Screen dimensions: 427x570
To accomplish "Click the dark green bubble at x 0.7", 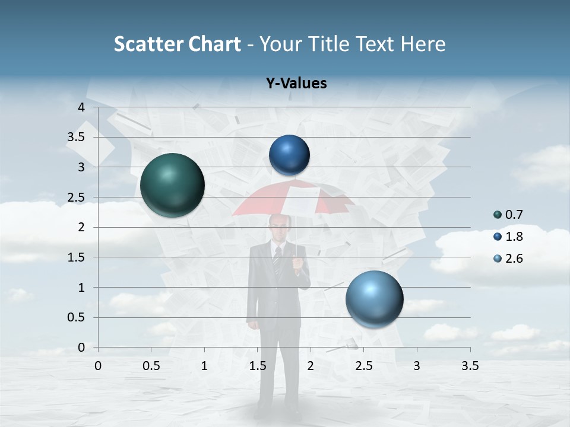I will click(172, 185).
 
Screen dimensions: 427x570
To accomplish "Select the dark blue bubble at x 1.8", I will click(289, 155).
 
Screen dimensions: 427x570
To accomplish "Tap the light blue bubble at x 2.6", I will click(374, 299).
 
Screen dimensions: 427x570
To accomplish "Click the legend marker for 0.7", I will click(498, 215).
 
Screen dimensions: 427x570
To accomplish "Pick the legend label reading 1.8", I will click(514, 237).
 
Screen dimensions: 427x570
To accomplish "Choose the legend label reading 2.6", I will click(514, 259).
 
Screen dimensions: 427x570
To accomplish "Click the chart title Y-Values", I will click(296, 84).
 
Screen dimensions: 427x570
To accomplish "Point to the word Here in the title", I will click(422, 44).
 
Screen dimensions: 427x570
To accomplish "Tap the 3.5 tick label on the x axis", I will click(470, 366).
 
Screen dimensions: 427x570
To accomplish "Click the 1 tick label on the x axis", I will click(204, 366).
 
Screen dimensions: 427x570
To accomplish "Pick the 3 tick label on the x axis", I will click(417, 366).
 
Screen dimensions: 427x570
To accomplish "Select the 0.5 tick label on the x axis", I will click(151, 366).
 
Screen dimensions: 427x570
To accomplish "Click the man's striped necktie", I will click(277, 261).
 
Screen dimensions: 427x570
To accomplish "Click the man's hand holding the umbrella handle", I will click(297, 262).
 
